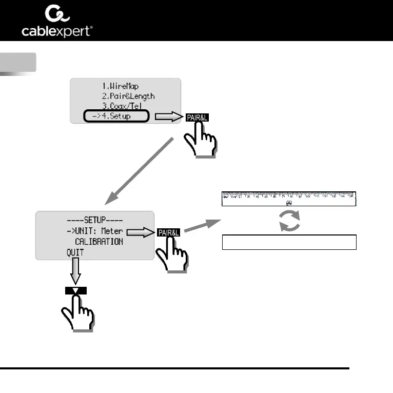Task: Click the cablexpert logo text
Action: pos(57,31)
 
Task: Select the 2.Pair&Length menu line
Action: pos(128,96)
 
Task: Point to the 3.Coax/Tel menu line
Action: pos(123,106)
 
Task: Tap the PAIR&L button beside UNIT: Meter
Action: pos(169,232)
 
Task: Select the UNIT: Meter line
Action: pos(94,231)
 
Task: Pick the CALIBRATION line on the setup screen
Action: pos(99,241)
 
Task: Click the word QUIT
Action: pos(74,252)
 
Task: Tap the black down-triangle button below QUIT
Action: pos(76,290)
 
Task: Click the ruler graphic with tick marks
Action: pos(289,199)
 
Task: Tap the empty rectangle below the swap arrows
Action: pos(289,242)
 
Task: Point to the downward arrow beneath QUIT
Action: pos(76,270)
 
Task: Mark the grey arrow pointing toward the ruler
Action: pos(202,226)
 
